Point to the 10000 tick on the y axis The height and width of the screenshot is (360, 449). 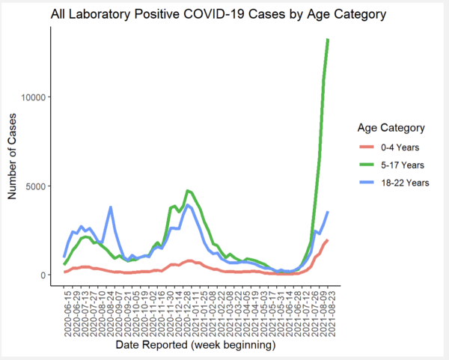coord(36,97)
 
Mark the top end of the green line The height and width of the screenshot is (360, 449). coord(328,40)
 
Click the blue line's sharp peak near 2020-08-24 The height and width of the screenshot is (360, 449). coord(111,207)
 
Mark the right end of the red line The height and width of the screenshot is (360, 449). coord(328,240)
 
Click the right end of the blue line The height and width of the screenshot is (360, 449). coord(328,213)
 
